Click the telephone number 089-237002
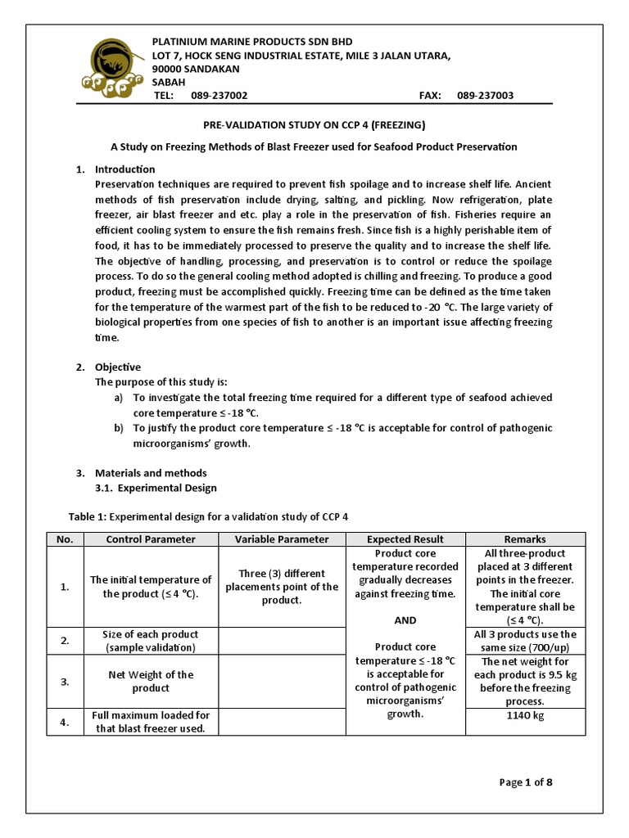pyautogui.click(x=219, y=96)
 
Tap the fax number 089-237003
pyautogui.click(x=485, y=96)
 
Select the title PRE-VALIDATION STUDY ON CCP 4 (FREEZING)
pyautogui.click(x=314, y=125)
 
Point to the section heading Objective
pyautogui.click(x=118, y=367)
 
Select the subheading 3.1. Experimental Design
pyautogui.click(x=156, y=488)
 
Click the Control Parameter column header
pyautogui.click(x=151, y=539)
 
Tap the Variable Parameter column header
pyautogui.click(x=282, y=539)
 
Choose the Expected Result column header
pyautogui.click(x=405, y=539)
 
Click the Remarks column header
pyautogui.click(x=525, y=539)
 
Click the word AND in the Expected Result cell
pyautogui.click(x=405, y=619)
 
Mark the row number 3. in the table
pyautogui.click(x=66, y=682)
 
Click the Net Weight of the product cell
pyautogui.click(x=151, y=682)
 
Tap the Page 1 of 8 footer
pyautogui.click(x=526, y=782)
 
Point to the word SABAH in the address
pyautogui.click(x=170, y=82)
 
